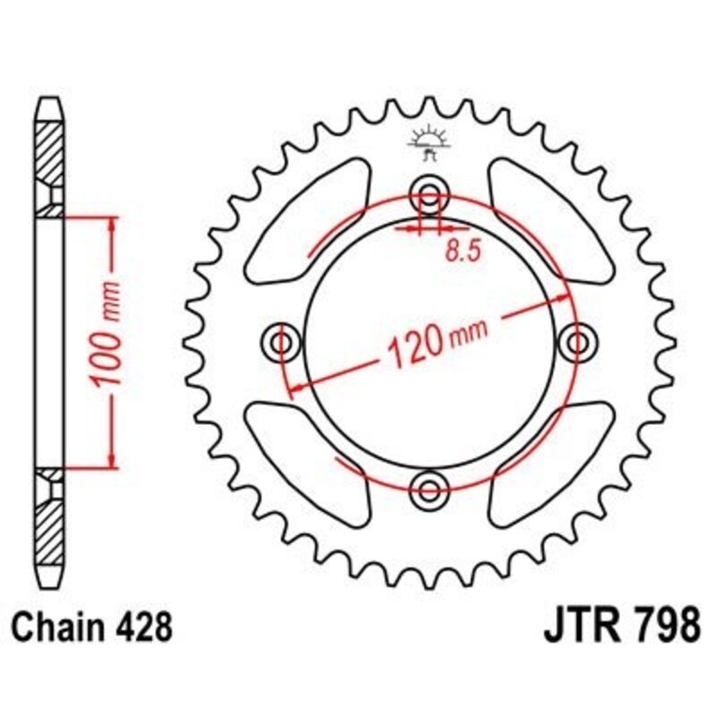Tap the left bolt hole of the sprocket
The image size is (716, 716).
click(283, 342)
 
